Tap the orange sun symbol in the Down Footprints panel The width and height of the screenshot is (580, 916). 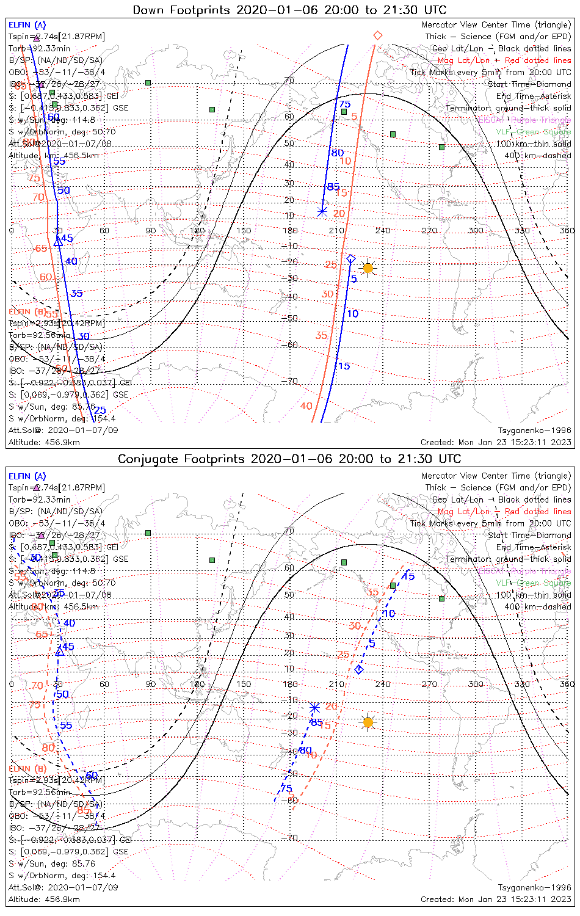(368, 267)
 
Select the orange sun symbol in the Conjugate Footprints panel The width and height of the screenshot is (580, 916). (368, 722)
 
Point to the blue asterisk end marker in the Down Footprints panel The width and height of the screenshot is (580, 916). (322, 211)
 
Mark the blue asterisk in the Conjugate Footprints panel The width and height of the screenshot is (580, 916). (314, 707)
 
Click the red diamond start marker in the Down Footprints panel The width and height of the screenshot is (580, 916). (377, 35)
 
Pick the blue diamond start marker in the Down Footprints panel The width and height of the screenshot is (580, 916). (351, 259)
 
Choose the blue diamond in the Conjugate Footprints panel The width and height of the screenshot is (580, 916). (359, 669)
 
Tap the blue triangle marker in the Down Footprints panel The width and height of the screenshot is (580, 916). (58, 242)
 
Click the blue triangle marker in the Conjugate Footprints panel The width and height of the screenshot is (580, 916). (60, 652)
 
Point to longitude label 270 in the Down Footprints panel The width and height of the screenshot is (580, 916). (429, 230)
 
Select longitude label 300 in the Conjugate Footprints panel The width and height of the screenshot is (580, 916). (476, 684)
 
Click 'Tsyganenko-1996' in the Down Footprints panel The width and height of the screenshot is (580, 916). (534, 431)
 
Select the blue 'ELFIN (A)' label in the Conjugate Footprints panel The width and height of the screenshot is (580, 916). (27, 476)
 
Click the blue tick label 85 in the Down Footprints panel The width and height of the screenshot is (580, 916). (333, 187)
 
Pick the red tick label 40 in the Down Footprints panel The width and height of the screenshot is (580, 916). (306, 405)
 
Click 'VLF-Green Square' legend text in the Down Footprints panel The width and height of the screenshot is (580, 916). (533, 132)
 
